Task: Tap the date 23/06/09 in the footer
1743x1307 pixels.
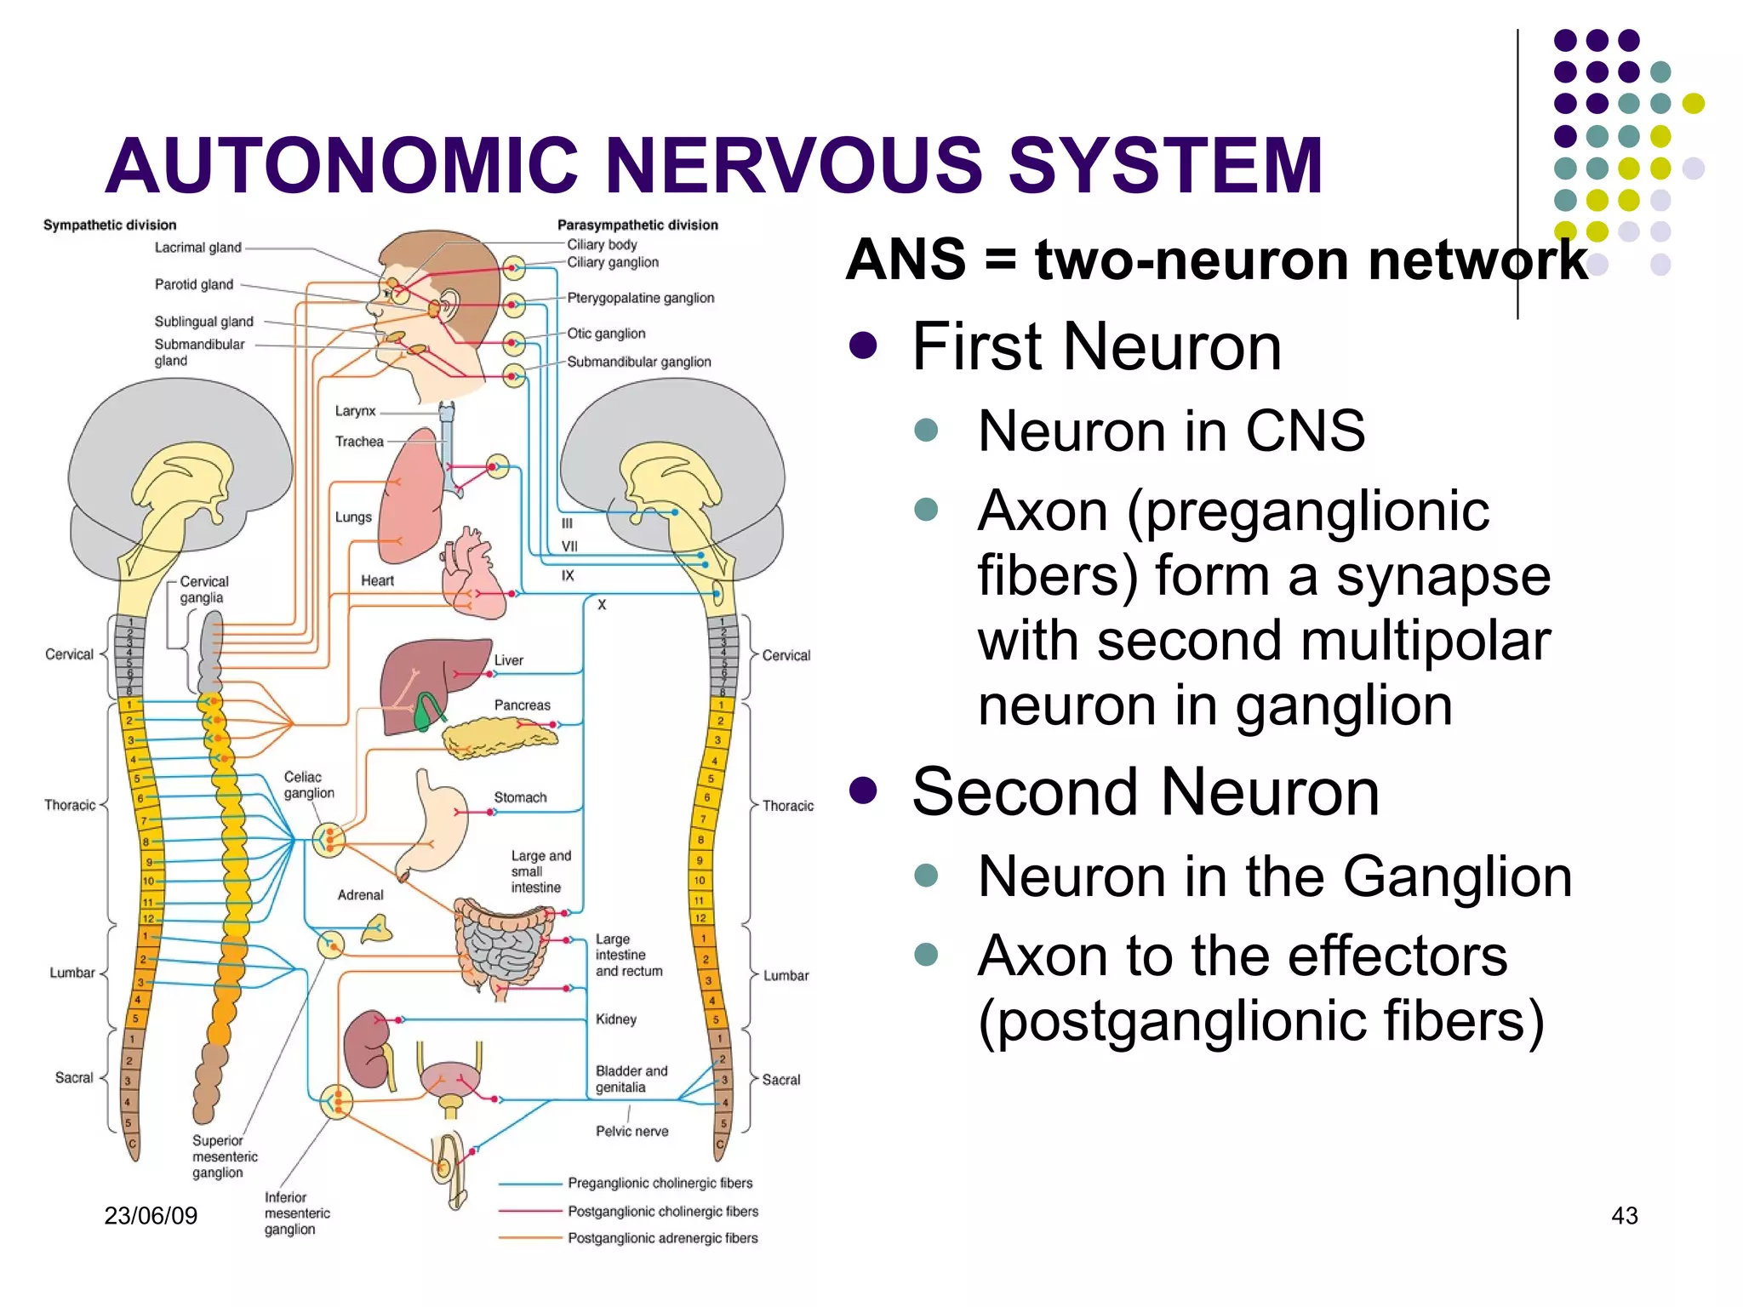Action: pos(151,1215)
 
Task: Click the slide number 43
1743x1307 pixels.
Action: pos(1624,1215)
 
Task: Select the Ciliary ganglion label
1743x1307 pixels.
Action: pos(613,262)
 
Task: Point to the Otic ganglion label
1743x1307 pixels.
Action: pos(606,334)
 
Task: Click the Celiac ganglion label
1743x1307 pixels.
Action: pos(308,785)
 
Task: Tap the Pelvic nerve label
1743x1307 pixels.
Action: pos(631,1131)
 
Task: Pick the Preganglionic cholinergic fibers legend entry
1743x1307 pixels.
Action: pos(660,1183)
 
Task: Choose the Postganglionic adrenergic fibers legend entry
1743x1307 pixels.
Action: pos(662,1238)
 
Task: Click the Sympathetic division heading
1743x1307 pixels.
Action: pos(110,225)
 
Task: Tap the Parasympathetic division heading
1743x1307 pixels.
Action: pos(637,225)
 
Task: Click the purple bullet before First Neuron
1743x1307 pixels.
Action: pos(863,346)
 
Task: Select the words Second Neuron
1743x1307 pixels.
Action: pos(1145,792)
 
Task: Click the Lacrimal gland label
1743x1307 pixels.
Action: pos(197,248)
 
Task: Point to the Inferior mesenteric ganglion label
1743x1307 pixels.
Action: pos(296,1213)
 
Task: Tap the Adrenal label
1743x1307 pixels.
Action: pos(360,895)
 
